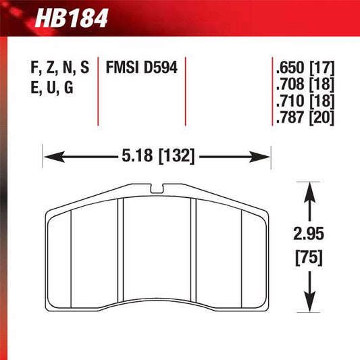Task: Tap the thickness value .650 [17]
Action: coord(305,69)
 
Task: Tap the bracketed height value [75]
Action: coord(309,257)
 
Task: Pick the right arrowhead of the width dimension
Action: coord(264,157)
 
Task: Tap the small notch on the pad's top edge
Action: coord(157,187)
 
